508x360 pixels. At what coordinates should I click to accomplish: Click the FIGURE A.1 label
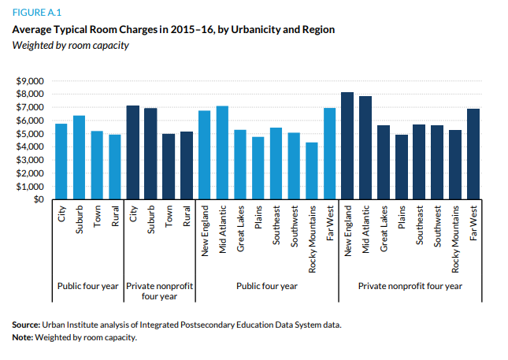pyautogui.click(x=36, y=13)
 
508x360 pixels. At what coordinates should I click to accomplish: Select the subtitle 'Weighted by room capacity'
pyautogui.click(x=70, y=44)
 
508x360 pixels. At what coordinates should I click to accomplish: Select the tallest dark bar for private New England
pyautogui.click(x=347, y=146)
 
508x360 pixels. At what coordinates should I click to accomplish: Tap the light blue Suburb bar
pyautogui.click(x=79, y=158)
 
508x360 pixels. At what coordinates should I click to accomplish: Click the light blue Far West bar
pyautogui.click(x=329, y=154)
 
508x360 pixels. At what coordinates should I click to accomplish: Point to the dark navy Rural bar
pyautogui.click(x=187, y=165)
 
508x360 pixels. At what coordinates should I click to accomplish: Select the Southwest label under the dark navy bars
pyautogui.click(x=436, y=233)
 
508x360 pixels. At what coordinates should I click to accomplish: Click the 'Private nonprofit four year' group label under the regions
pyautogui.click(x=410, y=286)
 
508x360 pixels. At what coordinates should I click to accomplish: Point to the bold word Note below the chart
pyautogui.click(x=23, y=338)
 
